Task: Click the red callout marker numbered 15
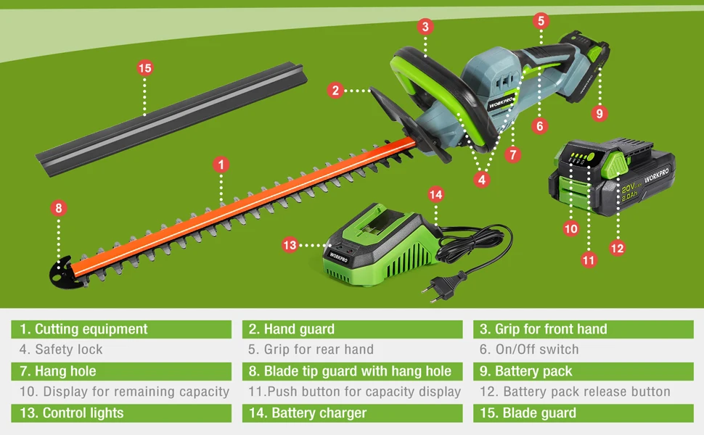coord(145,68)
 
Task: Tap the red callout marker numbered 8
coord(59,208)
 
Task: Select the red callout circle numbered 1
coord(221,165)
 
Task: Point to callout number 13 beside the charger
coord(290,245)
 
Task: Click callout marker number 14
coord(435,194)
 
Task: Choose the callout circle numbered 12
coord(616,248)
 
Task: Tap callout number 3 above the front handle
coord(426,27)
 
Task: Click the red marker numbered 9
coord(599,113)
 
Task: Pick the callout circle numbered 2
coord(335,91)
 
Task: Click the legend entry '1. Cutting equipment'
coord(83,329)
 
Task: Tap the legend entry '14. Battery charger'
coord(319,413)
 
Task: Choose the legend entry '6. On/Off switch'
coord(528,349)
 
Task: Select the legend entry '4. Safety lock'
coord(61,349)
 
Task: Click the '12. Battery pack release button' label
coord(575,391)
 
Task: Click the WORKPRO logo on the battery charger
coord(339,255)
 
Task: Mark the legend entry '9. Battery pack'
coord(525,371)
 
